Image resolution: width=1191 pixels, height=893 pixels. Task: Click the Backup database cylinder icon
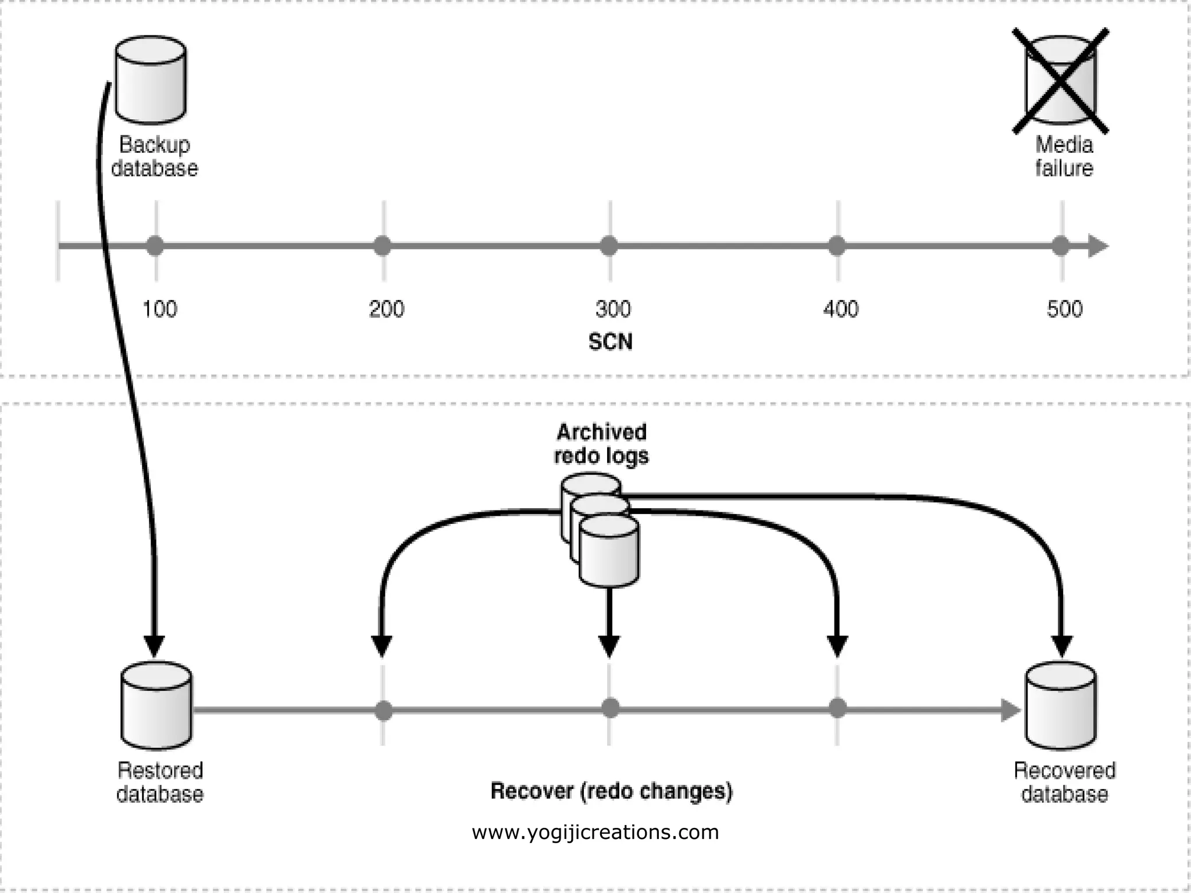pos(151,80)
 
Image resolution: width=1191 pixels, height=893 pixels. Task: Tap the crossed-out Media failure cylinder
pos(1061,81)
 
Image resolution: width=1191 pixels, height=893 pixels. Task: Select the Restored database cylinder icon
pos(156,706)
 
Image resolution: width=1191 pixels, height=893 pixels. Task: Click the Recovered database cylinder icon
pos(1061,706)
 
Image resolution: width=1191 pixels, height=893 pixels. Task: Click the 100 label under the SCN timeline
pos(159,309)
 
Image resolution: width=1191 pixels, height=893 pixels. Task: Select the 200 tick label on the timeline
pos(386,309)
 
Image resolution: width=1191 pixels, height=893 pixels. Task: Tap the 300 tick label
pos(613,309)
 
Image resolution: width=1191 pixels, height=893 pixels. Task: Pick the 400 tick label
pos(840,309)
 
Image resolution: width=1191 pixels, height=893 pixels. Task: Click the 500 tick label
pos(1064,309)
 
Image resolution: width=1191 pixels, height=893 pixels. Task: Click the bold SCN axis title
pos(610,341)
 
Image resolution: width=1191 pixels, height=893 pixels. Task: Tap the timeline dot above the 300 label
pos(608,246)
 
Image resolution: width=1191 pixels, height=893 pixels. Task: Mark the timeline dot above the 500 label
pos(1060,246)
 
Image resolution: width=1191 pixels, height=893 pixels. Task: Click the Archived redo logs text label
pos(601,444)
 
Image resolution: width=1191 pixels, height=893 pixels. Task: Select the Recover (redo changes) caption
pos(611,791)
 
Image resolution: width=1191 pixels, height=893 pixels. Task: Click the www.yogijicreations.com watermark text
pos(595,832)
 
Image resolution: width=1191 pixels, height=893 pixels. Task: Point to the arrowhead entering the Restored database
pos(154,645)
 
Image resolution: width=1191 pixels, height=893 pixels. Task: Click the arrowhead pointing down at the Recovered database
pos(1062,645)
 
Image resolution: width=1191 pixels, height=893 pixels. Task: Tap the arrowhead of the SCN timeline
pos(1097,246)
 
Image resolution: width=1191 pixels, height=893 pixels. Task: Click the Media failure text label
pos(1064,156)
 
